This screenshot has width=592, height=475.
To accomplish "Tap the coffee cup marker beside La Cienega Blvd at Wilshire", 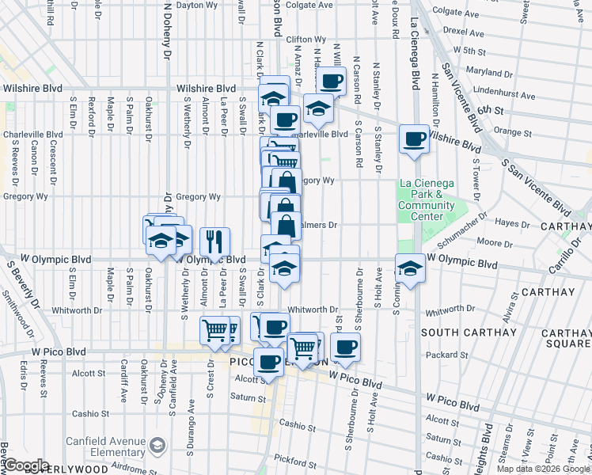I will pyautogui.click(x=415, y=140).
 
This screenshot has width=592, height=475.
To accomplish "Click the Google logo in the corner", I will pyautogui.click(x=25, y=465).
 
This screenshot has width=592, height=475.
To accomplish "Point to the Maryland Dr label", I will pyautogui.click(x=484, y=72).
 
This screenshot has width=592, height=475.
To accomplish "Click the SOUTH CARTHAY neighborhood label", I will pyautogui.click(x=457, y=332).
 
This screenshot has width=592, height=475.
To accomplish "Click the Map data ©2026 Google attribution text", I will pyautogui.click(x=543, y=469).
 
